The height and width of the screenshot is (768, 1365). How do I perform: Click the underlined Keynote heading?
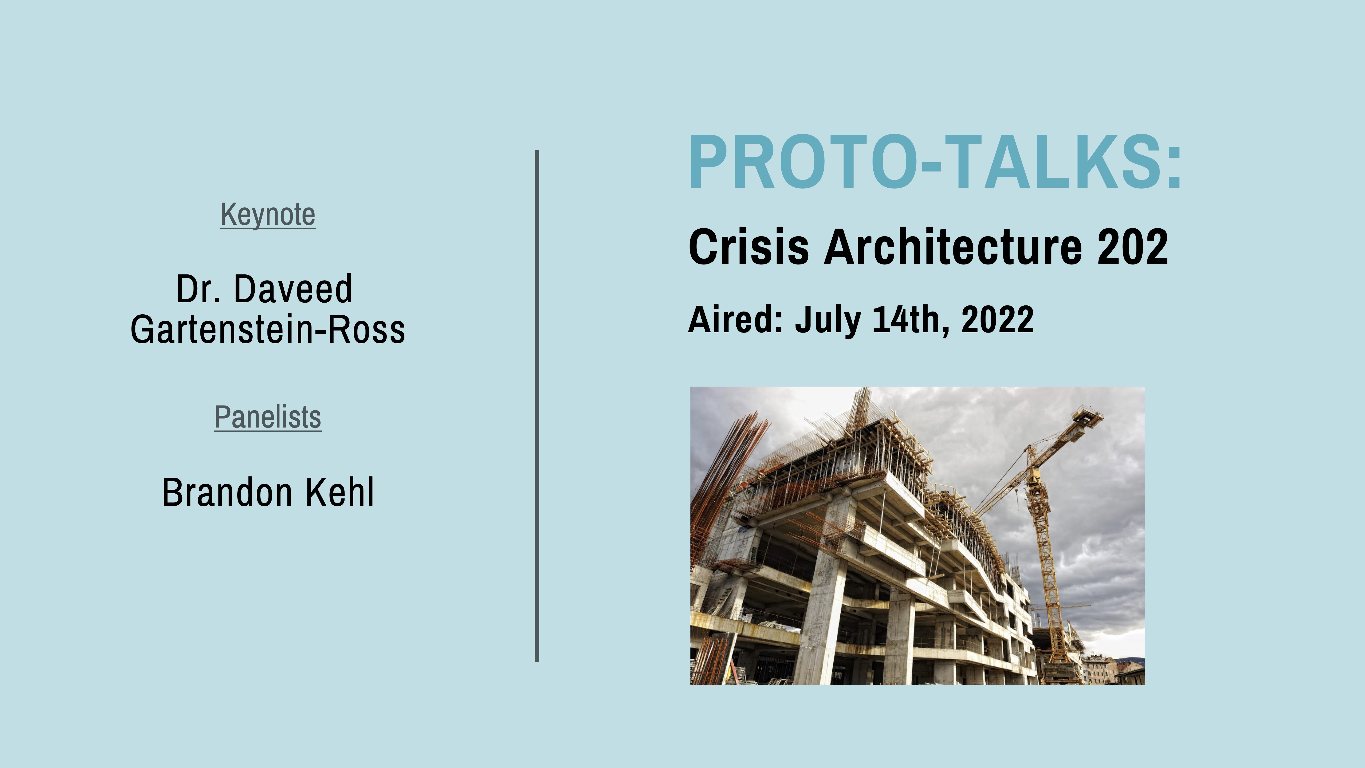(x=267, y=215)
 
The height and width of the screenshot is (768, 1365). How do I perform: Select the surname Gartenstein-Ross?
(x=267, y=330)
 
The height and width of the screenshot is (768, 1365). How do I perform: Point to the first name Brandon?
(x=227, y=493)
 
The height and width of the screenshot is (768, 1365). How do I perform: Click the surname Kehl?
(x=340, y=493)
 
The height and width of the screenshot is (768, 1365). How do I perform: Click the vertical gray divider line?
(x=537, y=406)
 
